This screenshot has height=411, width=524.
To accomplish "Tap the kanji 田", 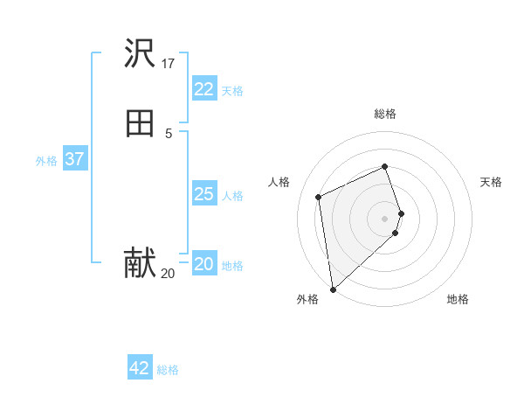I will click(140, 124).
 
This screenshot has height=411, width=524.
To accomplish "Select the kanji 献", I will click(140, 263).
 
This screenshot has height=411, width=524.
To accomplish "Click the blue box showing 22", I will click(203, 89).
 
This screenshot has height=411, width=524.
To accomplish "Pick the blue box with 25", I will click(203, 194).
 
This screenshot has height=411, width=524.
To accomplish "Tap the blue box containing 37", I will click(74, 159).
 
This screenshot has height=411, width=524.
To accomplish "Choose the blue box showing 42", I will click(140, 368).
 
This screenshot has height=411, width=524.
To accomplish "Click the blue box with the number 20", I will click(203, 264).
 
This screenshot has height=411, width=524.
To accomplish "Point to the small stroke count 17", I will click(169, 63).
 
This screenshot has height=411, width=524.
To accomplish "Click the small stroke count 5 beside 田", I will click(169, 133).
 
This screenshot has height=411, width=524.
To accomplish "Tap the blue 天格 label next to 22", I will click(232, 90).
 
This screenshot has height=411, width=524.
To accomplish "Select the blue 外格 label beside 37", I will click(46, 160).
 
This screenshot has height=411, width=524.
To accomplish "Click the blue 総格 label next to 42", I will click(168, 370).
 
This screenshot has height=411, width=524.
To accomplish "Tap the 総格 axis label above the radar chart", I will click(385, 114).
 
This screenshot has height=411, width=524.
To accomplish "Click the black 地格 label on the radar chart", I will click(458, 299).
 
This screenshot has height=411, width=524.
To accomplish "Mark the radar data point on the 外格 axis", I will click(332, 289).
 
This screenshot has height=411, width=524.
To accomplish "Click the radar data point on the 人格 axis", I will click(319, 197).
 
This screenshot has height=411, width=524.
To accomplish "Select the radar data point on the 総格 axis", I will click(385, 167).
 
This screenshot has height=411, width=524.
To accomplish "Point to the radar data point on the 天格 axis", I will click(401, 212).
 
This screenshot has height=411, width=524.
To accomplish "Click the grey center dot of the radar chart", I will click(385, 218).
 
